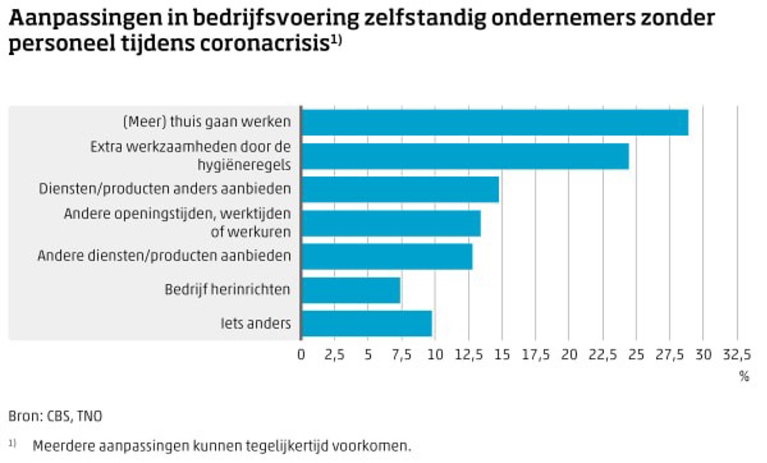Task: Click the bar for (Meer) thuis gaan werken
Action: (x=495, y=123)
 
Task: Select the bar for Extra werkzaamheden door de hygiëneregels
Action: (x=465, y=156)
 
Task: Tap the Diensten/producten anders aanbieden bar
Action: (x=400, y=190)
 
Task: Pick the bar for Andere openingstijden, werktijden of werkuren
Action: (x=391, y=223)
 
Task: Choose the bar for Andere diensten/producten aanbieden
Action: (x=387, y=256)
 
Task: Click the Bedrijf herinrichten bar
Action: (x=351, y=290)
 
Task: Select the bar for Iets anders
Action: (x=367, y=323)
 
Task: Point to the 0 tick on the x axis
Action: (x=301, y=355)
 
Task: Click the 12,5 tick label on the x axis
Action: (x=468, y=355)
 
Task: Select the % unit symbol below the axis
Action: (x=743, y=376)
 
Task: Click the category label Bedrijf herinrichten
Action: (x=227, y=289)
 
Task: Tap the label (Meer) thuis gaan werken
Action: (x=206, y=122)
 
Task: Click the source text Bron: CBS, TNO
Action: (x=55, y=416)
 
